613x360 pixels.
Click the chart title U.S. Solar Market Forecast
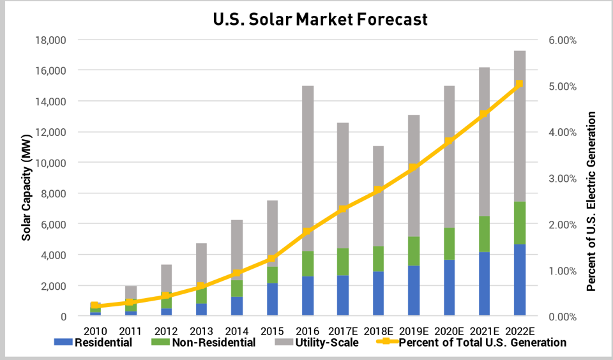(320, 19)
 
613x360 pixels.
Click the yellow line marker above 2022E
(519, 84)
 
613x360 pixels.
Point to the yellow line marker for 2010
(95, 306)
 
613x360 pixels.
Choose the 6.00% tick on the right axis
(563, 40)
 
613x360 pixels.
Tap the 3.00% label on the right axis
(563, 178)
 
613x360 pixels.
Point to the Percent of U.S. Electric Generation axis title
(591, 201)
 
